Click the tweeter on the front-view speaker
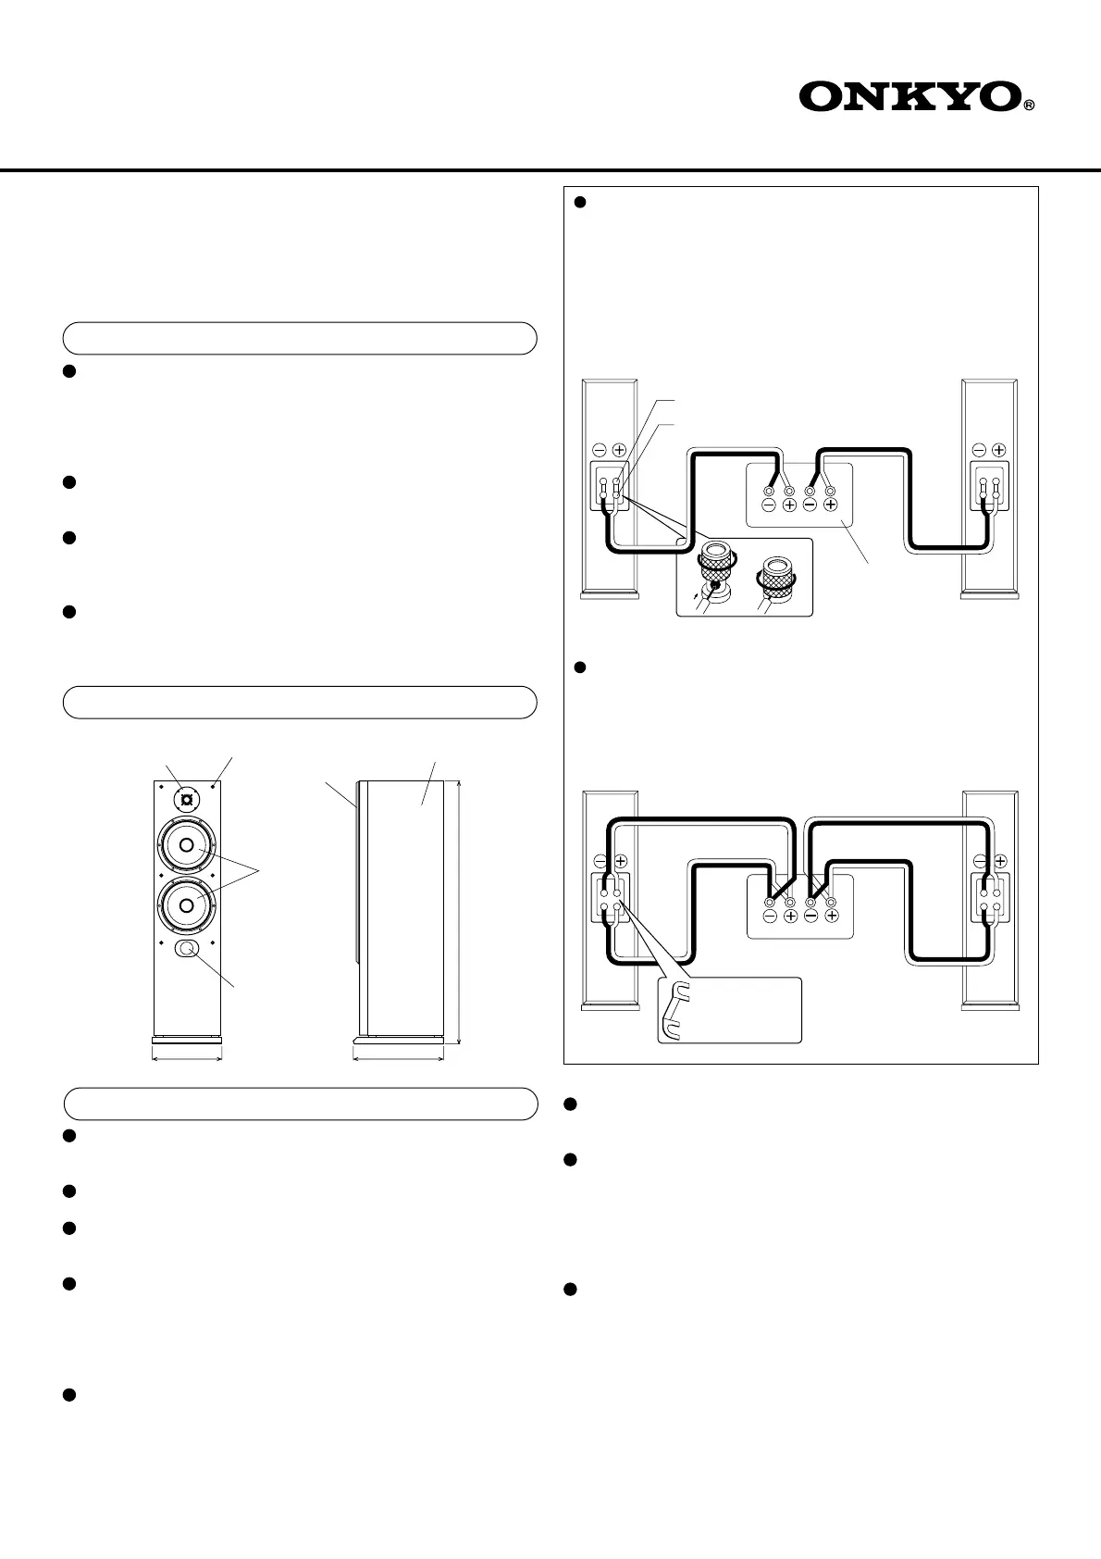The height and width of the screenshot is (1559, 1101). tap(186, 799)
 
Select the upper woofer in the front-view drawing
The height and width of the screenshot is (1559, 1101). tap(186, 845)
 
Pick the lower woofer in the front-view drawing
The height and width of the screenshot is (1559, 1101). tap(186, 904)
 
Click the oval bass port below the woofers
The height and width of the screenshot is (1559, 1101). tap(186, 948)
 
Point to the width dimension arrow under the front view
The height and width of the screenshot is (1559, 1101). tap(186, 1059)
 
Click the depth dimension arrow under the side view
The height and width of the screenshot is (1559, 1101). tap(399, 1059)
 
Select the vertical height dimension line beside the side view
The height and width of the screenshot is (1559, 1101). tap(460, 913)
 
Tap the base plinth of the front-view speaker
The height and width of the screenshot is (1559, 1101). tap(186, 1040)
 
